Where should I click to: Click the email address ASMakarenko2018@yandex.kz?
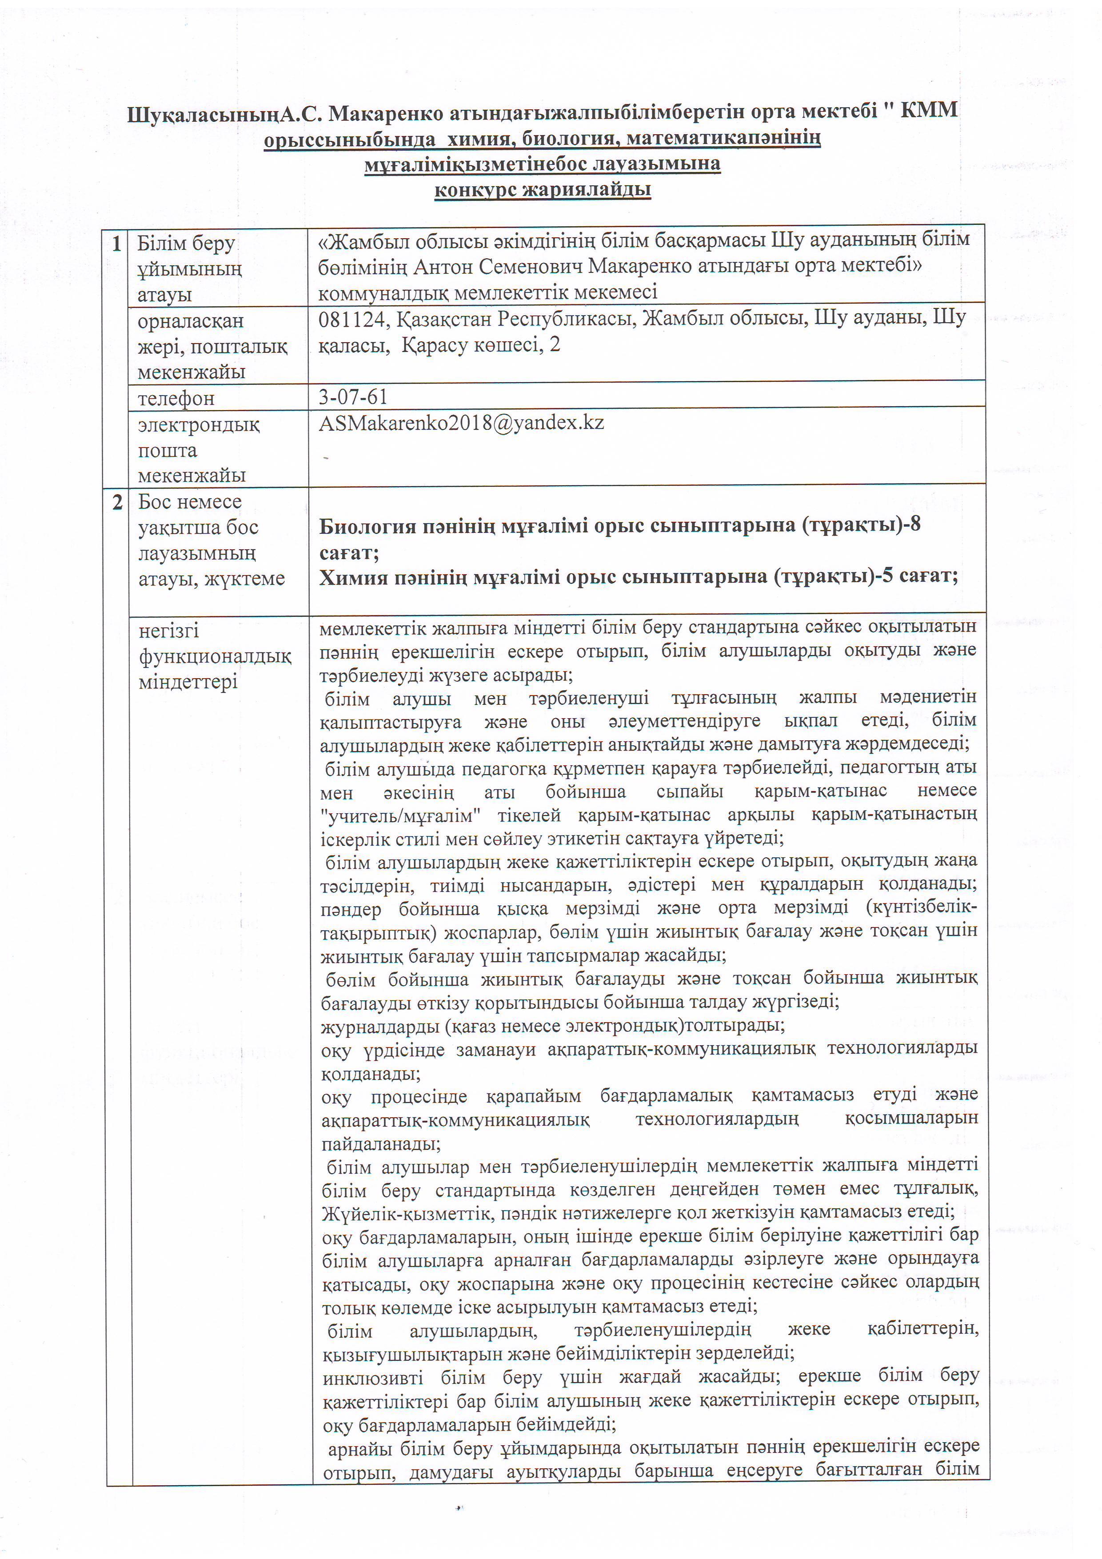click(x=461, y=423)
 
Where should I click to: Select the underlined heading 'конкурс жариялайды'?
click(x=543, y=189)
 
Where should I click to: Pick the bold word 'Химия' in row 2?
click(x=354, y=577)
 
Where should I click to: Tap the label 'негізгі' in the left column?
click(x=168, y=631)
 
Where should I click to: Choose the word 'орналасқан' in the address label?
click(x=190, y=320)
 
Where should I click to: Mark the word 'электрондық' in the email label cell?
click(x=198, y=425)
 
